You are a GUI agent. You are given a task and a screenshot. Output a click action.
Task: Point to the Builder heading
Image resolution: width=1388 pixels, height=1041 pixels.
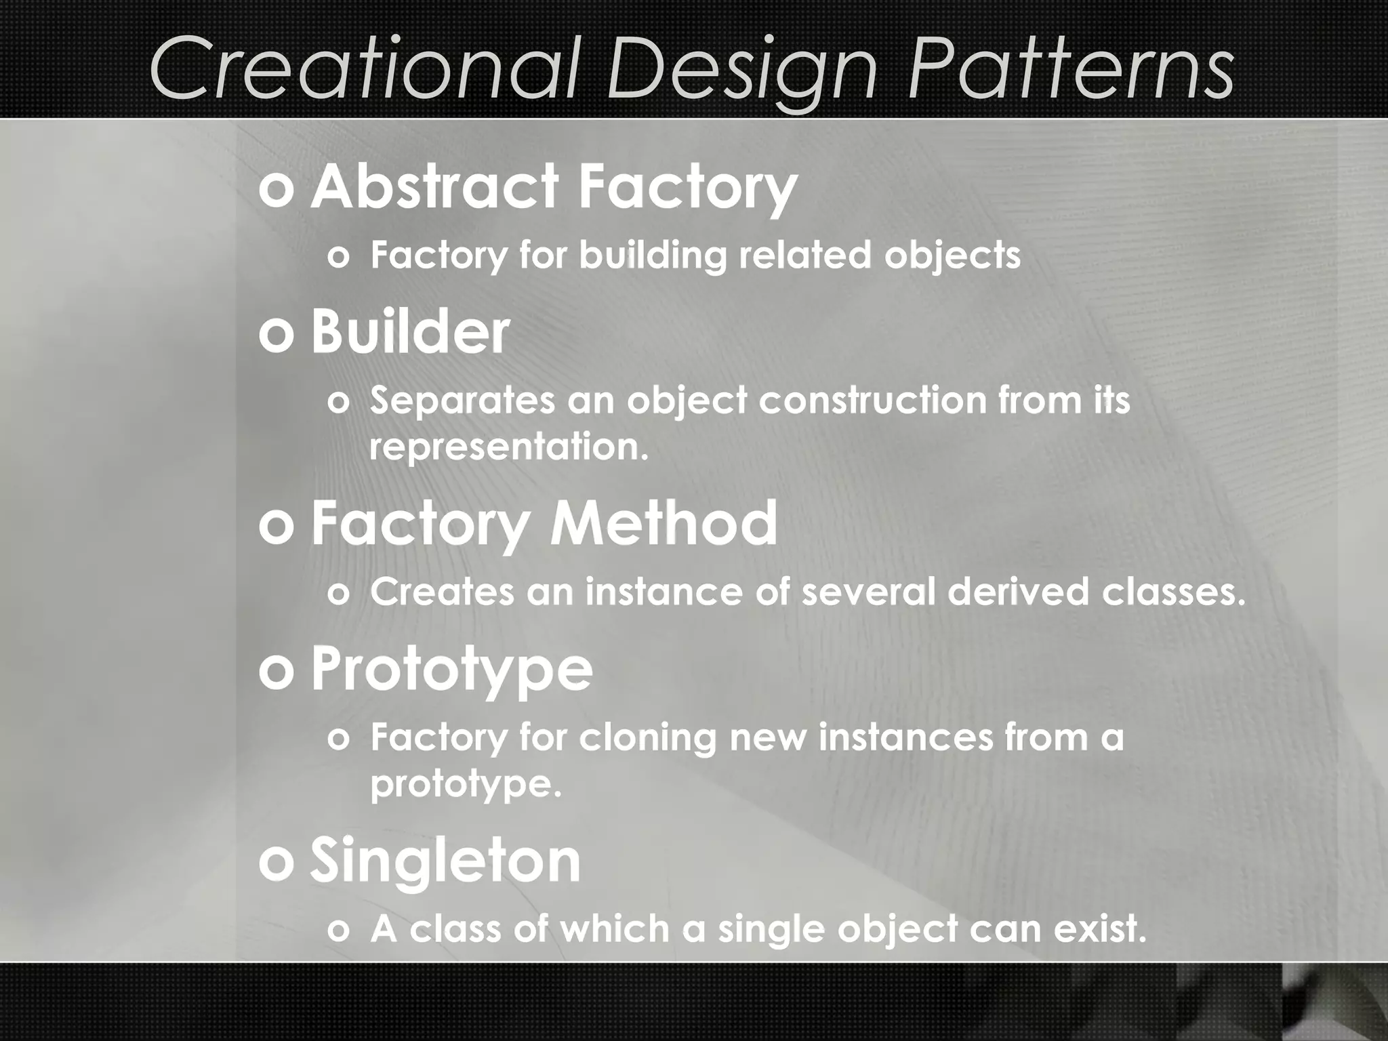point(409,332)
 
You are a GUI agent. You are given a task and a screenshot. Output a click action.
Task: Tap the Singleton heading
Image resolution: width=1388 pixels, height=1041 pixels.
point(445,861)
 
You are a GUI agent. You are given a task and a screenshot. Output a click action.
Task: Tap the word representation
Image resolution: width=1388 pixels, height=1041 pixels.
point(508,447)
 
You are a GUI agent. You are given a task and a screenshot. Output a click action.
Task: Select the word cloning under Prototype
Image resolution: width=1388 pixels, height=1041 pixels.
point(648,737)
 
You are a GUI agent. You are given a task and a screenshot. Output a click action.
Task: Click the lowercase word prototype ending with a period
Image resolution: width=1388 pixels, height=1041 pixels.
point(466,785)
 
